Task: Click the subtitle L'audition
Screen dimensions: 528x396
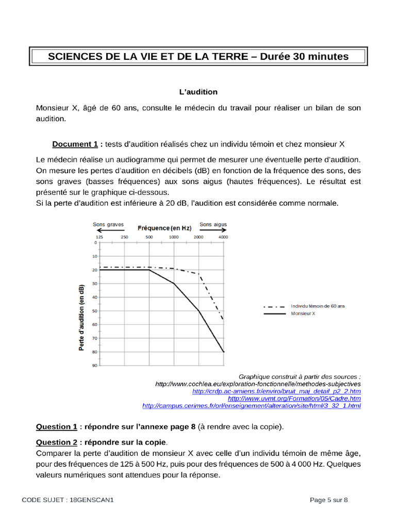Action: click(x=198, y=92)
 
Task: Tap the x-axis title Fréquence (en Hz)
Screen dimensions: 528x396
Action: click(x=164, y=227)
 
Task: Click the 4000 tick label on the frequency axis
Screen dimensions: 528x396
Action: click(x=223, y=237)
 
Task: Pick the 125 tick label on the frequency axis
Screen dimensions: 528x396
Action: click(x=100, y=237)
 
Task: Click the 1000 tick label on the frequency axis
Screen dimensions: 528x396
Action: click(x=174, y=237)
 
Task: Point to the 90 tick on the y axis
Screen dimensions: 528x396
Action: click(x=94, y=366)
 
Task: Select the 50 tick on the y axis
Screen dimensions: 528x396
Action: click(x=94, y=311)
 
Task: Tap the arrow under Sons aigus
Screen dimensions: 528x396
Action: click(x=213, y=232)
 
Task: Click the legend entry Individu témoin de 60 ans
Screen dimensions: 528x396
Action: click(x=318, y=306)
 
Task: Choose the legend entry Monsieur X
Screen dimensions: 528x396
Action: click(x=303, y=313)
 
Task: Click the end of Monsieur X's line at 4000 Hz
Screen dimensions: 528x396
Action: click(x=223, y=352)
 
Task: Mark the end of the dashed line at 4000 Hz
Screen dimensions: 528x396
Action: click(x=223, y=320)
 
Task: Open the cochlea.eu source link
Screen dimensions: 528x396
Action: click(x=258, y=384)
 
